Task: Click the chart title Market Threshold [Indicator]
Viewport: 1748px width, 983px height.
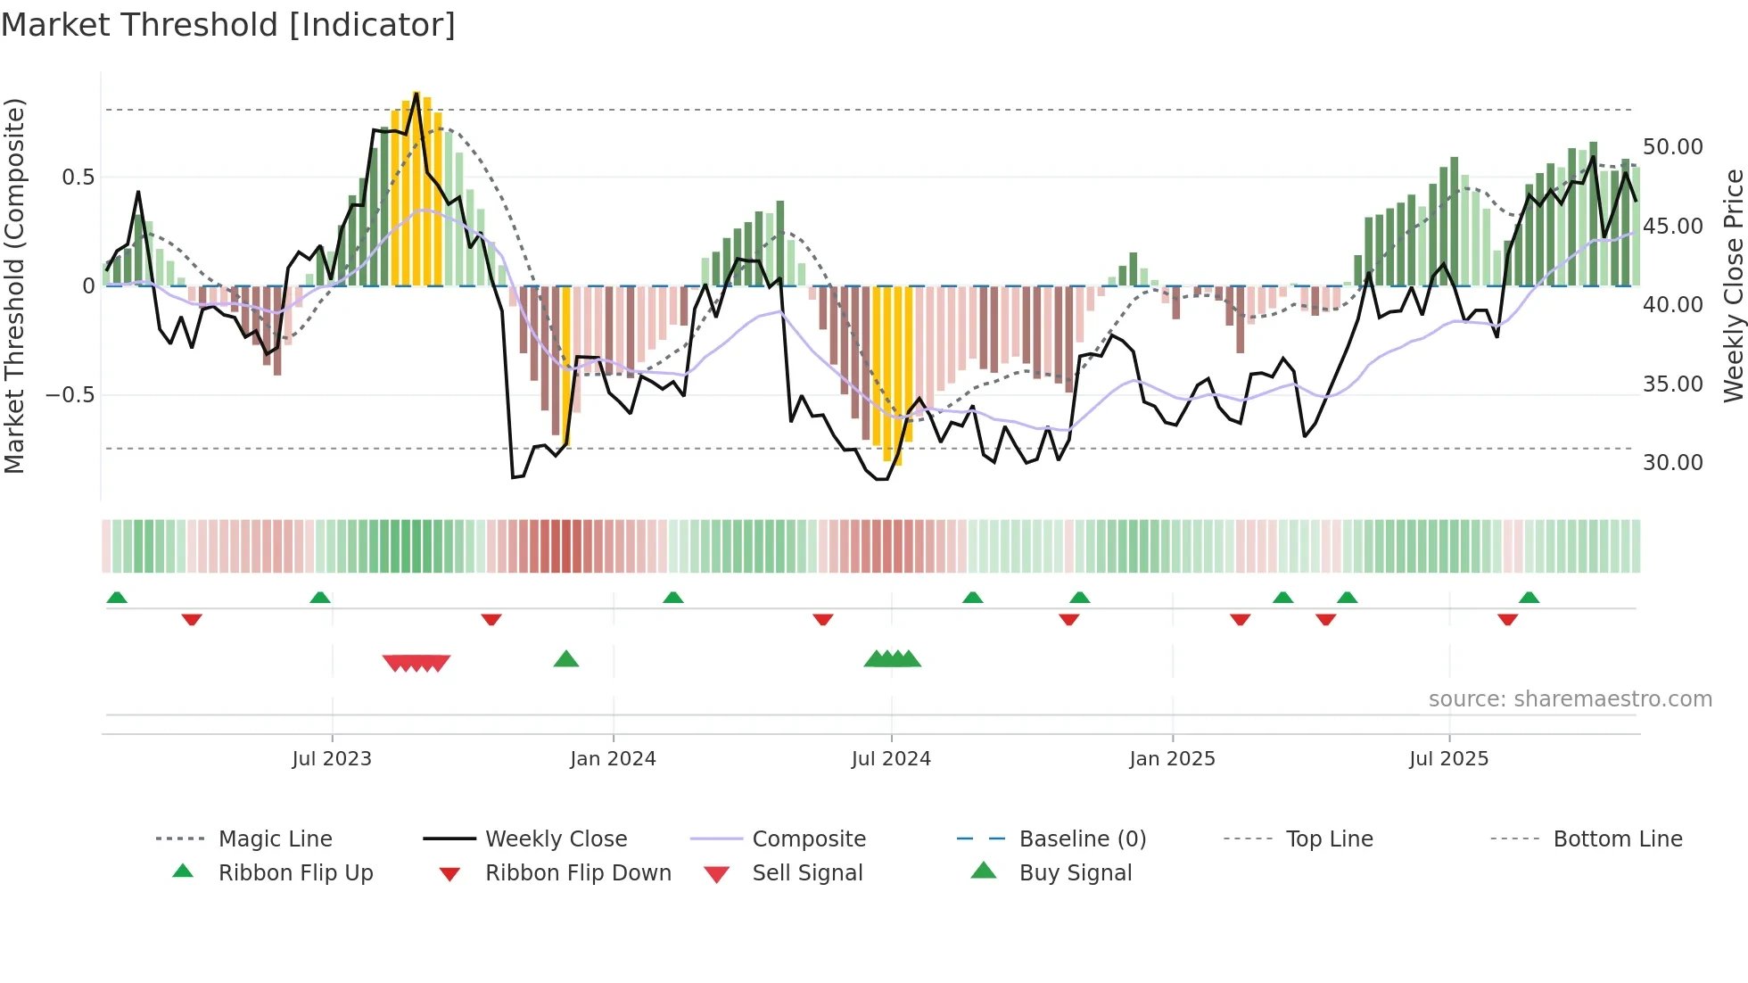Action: coord(228,25)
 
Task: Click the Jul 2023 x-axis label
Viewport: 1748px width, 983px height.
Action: coord(332,759)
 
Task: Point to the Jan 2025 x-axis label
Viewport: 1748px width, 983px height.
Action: coord(1172,759)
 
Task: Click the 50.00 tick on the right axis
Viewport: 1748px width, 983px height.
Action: coord(1672,147)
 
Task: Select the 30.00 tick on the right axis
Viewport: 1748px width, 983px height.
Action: coord(1672,463)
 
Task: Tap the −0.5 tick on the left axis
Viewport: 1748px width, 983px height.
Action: coord(70,395)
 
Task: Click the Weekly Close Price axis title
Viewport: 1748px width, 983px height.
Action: coord(1733,285)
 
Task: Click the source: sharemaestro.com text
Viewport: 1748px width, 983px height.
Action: coord(1570,699)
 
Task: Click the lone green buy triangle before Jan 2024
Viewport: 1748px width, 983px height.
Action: coord(566,660)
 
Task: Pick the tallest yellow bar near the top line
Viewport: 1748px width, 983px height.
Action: coord(416,187)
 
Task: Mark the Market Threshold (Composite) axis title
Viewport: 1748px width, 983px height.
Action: coord(14,285)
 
